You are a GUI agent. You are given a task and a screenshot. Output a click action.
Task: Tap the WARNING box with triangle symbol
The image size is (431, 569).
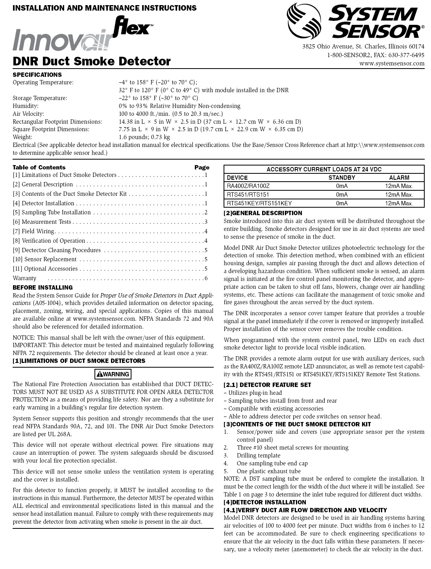click(113, 374)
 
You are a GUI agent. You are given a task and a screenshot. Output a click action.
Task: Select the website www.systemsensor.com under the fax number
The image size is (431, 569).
click(392, 63)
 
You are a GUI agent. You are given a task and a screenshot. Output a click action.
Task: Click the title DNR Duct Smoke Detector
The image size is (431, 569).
click(92, 61)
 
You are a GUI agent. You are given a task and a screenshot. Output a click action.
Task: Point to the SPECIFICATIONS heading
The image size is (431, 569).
click(37, 75)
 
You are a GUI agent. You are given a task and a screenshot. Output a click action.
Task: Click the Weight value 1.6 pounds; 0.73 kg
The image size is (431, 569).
click(144, 137)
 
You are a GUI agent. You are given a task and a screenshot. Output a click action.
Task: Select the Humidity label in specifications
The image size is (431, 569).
click(26, 106)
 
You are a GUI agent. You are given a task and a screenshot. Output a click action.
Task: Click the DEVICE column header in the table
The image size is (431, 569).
click(237, 178)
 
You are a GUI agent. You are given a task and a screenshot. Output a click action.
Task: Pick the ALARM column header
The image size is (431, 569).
click(399, 178)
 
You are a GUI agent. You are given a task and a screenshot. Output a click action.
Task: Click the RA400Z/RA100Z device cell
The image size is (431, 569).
click(248, 186)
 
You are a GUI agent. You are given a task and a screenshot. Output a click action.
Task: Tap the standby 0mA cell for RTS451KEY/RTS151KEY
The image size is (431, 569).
click(342, 203)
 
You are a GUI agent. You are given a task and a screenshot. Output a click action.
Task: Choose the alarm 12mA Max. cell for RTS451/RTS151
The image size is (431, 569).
click(399, 195)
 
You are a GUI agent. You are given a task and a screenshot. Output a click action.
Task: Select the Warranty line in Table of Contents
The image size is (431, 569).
click(24, 278)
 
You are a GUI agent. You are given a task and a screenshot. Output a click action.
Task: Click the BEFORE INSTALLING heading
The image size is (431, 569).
click(43, 288)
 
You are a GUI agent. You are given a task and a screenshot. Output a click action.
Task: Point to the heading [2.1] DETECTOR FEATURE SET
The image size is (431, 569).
click(267, 385)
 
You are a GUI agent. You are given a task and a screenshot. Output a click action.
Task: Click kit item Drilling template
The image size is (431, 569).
click(258, 456)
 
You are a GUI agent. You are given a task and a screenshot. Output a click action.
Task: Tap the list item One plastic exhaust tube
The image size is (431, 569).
click(268, 471)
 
